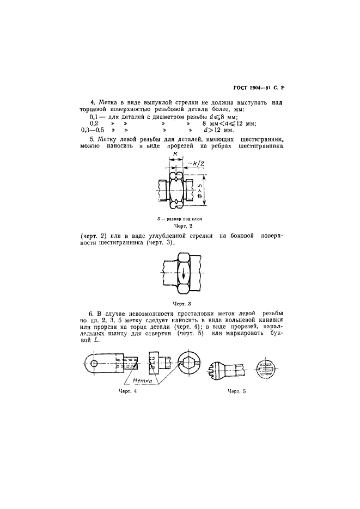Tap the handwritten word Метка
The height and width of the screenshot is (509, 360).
point(144,382)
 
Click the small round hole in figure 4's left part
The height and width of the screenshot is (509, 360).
point(94,363)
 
